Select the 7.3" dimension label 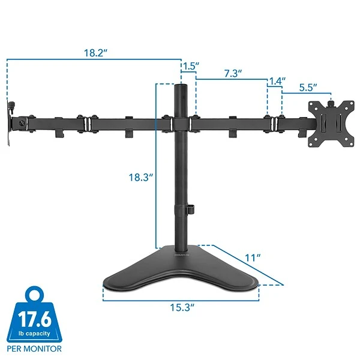pos(233,73)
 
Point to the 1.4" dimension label pos(277,80)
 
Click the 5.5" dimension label pos(307,87)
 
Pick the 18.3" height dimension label pos(142,178)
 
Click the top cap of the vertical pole pos(180,88)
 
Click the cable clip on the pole pos(191,209)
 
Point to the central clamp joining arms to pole pos(181,124)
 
